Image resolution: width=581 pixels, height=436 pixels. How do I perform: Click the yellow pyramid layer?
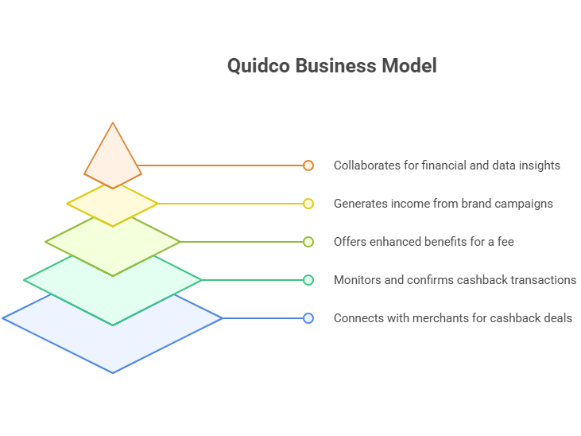point(112,204)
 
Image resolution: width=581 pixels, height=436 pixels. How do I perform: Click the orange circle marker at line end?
point(308,165)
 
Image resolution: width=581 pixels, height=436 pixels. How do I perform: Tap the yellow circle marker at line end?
point(308,204)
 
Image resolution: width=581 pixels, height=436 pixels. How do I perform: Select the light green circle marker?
point(308,242)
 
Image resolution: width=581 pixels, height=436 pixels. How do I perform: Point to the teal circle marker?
point(308,280)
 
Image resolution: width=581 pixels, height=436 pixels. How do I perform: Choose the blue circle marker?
point(308,318)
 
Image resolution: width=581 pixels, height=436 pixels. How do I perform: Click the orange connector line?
point(223,165)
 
